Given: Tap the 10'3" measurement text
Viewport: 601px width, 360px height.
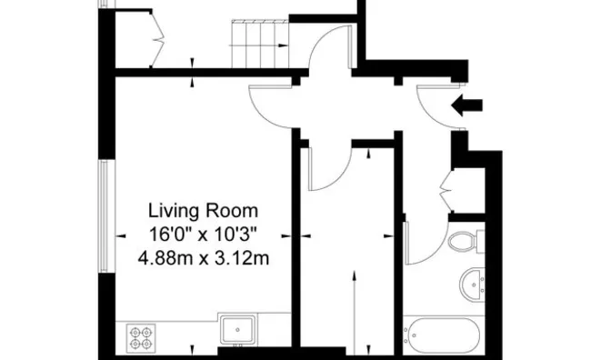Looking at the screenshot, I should pyautogui.click(x=235, y=234).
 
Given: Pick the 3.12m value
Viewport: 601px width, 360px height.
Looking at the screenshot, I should pyautogui.click(x=239, y=258).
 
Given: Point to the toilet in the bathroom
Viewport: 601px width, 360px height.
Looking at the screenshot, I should pyautogui.click(x=465, y=242).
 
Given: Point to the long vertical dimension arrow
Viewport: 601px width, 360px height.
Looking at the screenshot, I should pyautogui.click(x=353, y=309).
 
